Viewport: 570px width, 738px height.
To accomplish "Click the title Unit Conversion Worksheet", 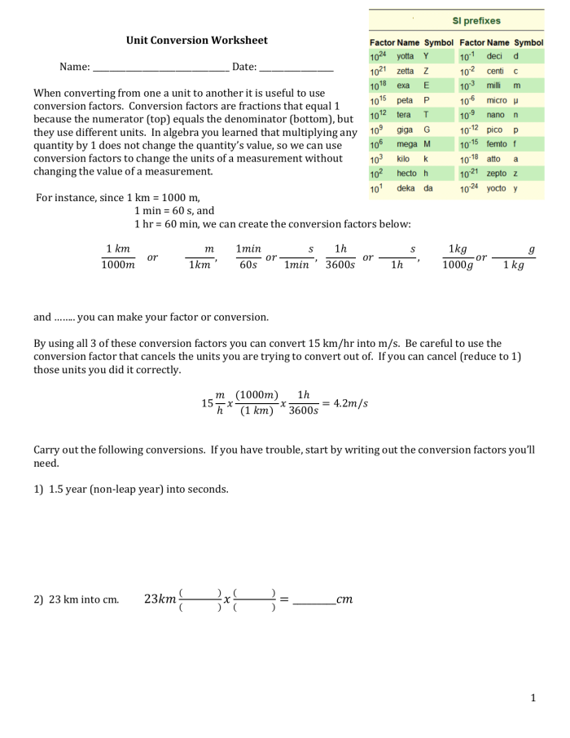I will point(196,40).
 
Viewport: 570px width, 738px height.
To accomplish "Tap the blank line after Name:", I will point(160,68).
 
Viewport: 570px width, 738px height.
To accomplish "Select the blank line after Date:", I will point(296,68).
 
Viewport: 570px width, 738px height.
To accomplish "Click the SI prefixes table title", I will point(477,20).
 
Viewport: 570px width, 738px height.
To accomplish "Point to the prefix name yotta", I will point(405,56).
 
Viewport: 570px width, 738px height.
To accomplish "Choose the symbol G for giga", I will point(425,130).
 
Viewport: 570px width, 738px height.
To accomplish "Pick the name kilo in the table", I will point(403,159).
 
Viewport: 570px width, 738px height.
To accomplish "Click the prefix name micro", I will point(497,100).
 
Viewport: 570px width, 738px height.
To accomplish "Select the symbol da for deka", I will point(427,188).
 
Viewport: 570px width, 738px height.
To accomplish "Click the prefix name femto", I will point(497,144).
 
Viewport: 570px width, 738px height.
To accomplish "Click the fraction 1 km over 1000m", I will point(118,256).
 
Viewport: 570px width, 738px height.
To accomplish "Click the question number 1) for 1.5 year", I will point(38,490).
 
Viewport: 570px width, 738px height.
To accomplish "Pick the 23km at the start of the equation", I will point(160,600).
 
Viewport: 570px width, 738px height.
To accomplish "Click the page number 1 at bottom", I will point(533,698).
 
